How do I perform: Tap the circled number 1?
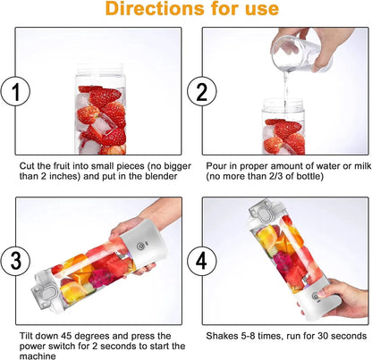coord(13,91)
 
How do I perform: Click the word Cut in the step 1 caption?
coord(28,166)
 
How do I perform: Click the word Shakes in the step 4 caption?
coord(224,335)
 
